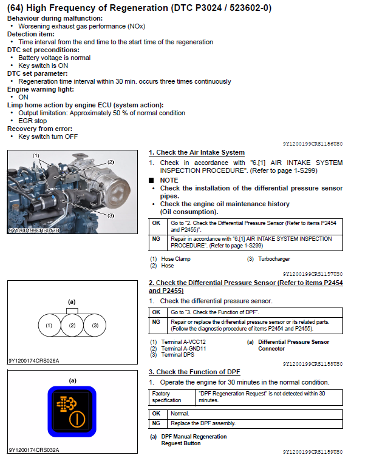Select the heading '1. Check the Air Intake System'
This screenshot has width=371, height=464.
[x=197, y=152]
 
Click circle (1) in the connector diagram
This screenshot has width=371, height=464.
[x=49, y=326]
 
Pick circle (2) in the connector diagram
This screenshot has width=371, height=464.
[x=72, y=326]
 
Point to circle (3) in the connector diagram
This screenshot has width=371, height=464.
[x=95, y=326]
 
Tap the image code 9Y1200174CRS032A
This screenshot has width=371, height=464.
[x=34, y=450]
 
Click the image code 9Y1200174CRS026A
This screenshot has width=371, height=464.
[x=34, y=360]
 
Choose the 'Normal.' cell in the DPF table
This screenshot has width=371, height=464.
[x=180, y=414]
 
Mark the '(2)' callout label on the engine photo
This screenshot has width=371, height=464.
[x=111, y=162]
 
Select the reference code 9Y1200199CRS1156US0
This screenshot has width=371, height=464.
[x=313, y=144]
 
